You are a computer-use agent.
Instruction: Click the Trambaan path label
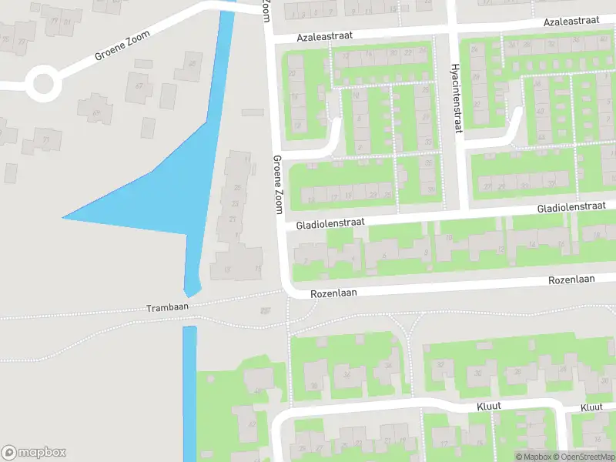167,307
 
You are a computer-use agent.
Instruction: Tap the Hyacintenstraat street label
456,98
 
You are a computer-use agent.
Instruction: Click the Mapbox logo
34,452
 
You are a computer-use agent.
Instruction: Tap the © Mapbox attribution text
532,457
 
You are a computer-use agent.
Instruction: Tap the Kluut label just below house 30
489,407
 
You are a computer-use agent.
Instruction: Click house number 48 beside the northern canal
189,65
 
